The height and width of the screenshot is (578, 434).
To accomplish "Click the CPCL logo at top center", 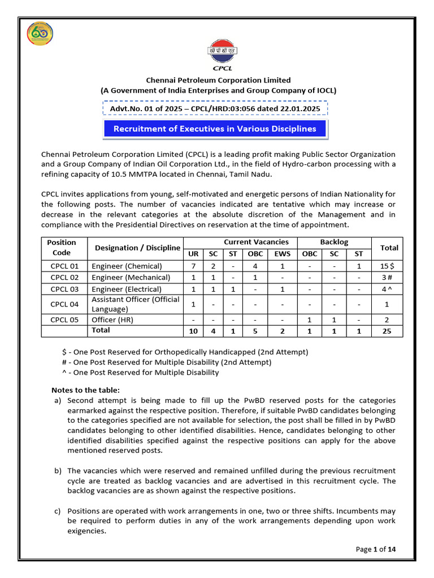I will click(219, 55).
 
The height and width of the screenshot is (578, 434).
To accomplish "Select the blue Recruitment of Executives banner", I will click(215, 129).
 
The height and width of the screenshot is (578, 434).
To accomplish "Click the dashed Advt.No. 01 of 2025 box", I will click(215, 108).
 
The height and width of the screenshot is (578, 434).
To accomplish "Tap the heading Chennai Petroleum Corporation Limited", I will click(218, 80).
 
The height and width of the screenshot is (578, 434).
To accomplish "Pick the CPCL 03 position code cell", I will click(64, 289).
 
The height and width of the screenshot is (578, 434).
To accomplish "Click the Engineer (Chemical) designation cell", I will click(127, 266).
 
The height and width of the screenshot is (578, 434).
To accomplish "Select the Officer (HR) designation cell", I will click(114, 319).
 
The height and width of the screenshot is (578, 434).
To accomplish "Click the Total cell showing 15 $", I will click(389, 266).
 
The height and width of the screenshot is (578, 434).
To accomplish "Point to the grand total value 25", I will click(389, 331).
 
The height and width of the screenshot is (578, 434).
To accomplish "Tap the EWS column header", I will click(283, 254).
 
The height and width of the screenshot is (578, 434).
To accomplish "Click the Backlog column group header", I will click(335, 242).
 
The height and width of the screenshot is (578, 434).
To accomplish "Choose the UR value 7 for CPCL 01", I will click(193, 266).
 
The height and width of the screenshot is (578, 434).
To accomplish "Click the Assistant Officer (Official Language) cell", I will click(136, 304).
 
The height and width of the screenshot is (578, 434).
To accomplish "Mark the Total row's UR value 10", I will click(193, 331).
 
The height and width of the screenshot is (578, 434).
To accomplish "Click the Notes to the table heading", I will click(85, 390).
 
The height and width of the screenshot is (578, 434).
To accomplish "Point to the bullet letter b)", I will click(58, 471).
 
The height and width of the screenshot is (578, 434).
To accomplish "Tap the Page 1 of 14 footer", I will click(376, 549).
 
